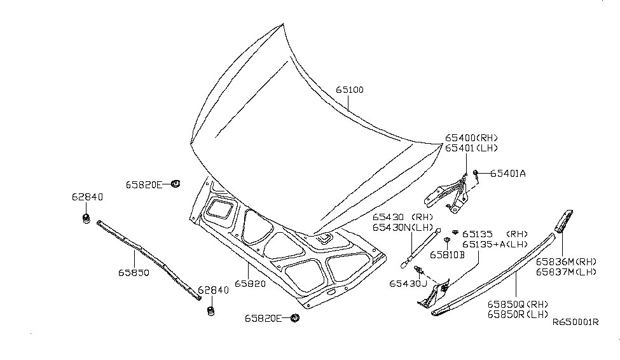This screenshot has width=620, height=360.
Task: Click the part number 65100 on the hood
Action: [x=350, y=90]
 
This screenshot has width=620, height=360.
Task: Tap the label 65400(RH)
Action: [x=471, y=138]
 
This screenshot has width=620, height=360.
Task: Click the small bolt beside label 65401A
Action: [x=476, y=172]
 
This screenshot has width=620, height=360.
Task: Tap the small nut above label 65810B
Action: [x=447, y=240]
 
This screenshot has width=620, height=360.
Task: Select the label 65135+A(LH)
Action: [x=494, y=244]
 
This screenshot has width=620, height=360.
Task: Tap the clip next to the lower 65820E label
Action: [x=294, y=318]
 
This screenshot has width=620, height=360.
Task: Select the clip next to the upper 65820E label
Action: [x=176, y=184]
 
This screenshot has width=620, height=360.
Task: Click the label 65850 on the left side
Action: [x=133, y=272]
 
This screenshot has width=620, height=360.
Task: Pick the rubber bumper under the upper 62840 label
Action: [x=84, y=219]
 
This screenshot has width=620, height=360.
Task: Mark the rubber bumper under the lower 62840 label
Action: [x=210, y=311]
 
